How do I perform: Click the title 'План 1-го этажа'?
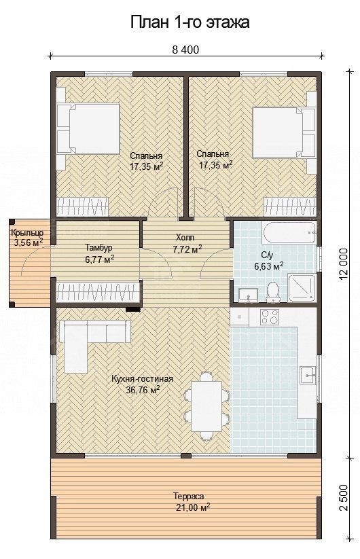(190, 22)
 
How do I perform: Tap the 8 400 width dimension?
(185, 50)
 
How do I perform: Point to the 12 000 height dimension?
(343, 264)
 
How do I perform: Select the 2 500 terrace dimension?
(343, 497)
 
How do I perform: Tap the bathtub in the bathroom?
(289, 233)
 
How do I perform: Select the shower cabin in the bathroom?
(302, 288)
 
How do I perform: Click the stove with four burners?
(270, 317)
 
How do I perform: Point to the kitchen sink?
(308, 375)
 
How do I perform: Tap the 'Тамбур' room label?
(98, 247)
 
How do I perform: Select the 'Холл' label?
(185, 238)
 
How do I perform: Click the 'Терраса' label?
(189, 497)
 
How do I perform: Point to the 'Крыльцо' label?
(27, 233)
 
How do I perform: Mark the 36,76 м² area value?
(143, 390)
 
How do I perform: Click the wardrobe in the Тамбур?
(97, 292)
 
